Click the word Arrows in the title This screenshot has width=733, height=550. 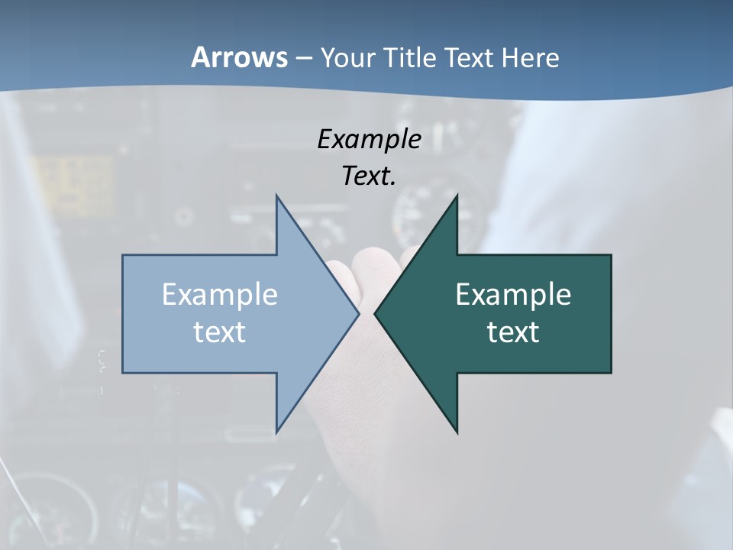click(239, 57)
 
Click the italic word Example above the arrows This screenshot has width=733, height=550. click(369, 140)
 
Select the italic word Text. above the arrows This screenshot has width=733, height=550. click(369, 176)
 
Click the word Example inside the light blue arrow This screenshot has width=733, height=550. click(220, 295)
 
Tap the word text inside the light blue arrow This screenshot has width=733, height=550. click(220, 332)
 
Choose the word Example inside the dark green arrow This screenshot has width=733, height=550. click(513, 295)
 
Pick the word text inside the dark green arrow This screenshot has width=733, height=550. click(513, 332)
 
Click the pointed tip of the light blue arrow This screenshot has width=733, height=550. click(358, 313)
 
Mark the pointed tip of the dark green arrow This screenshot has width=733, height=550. click(375, 313)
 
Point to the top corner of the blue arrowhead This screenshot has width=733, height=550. click(276, 196)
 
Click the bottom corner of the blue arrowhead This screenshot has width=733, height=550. click(276, 432)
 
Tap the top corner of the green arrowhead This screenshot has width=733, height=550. click(457, 196)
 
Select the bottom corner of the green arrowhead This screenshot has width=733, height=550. click(457, 432)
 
